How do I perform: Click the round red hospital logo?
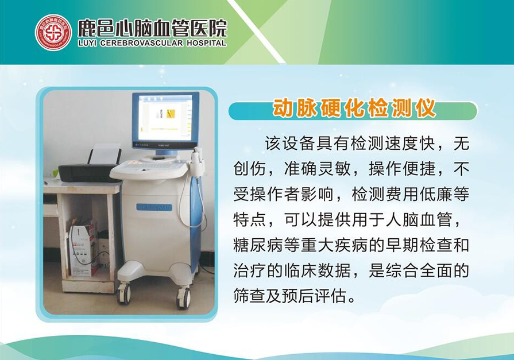53,32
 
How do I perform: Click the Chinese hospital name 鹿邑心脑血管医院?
152,28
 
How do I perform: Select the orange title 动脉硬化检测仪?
354,108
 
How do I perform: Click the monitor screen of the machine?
165,118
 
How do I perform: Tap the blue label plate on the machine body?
154,207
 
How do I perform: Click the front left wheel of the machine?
124,293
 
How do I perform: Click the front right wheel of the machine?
183,298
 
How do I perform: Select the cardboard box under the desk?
83,250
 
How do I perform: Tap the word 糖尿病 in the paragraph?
258,245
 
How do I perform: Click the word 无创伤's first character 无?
461,144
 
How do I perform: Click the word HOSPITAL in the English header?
207,43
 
